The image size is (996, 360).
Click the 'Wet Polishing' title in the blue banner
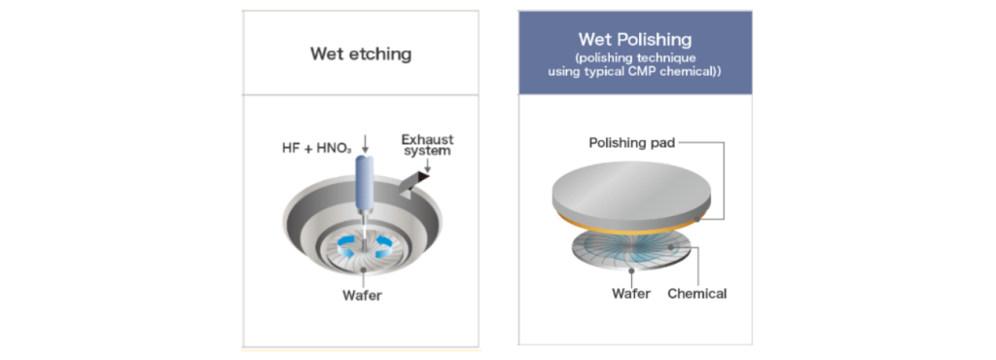click(x=634, y=40)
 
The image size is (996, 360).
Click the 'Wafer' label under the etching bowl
click(x=361, y=295)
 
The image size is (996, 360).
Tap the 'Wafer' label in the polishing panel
click(x=631, y=293)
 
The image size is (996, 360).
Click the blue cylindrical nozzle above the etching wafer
click(x=366, y=182)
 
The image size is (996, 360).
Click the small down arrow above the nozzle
click(x=366, y=148)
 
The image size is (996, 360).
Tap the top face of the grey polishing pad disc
click(x=631, y=186)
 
